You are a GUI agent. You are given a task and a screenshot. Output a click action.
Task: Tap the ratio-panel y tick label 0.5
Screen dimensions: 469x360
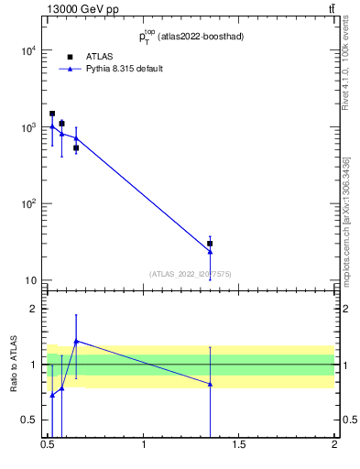[30, 420]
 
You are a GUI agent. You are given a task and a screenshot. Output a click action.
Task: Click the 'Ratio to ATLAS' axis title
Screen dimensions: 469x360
[14, 365]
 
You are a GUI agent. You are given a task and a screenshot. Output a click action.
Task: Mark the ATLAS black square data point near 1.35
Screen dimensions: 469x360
[210, 244]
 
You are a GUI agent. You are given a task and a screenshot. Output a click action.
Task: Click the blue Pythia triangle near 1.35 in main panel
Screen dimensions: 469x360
[210, 251]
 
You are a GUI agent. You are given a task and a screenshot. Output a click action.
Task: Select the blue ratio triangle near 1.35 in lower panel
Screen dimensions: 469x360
[210, 384]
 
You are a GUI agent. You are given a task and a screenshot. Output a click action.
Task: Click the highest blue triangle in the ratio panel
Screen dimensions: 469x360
[76, 341]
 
